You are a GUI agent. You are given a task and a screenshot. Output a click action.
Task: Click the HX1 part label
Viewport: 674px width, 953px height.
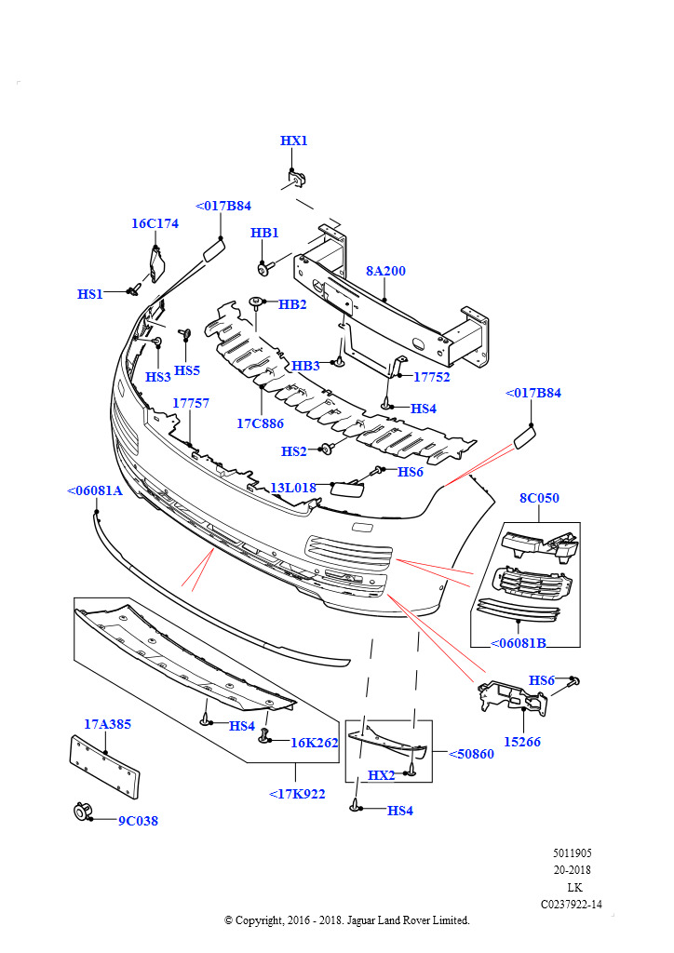tap(293, 141)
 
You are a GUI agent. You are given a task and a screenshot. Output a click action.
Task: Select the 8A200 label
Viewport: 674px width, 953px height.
tap(385, 271)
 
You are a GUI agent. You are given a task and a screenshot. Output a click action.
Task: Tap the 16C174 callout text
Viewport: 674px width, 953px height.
tap(155, 223)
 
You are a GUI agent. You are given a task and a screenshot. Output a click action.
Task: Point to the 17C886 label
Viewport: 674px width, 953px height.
tap(260, 423)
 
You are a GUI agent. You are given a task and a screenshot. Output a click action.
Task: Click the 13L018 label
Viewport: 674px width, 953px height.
tap(292, 487)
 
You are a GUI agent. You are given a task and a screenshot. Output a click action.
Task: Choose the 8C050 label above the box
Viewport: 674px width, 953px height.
tap(539, 498)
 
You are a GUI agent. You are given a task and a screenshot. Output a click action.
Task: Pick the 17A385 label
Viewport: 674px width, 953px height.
tap(107, 723)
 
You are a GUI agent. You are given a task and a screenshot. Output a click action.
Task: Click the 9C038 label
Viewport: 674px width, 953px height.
tap(138, 821)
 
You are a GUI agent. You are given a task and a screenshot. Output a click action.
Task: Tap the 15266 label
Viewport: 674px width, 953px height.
tap(522, 742)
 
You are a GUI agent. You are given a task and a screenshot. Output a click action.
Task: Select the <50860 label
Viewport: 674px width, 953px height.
tap(471, 754)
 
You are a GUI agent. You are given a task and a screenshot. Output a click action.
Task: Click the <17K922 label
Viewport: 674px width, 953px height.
tap(297, 794)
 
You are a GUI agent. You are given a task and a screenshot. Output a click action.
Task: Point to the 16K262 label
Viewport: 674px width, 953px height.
tap(314, 743)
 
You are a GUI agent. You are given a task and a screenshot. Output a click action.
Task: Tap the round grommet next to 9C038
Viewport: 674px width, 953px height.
tap(82, 812)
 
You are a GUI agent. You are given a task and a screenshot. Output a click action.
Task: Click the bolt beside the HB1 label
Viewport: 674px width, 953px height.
tap(264, 268)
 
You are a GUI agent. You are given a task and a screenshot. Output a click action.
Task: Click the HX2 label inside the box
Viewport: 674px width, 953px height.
tap(382, 774)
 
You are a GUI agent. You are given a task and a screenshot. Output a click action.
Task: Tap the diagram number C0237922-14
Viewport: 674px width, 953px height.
tap(572, 904)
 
